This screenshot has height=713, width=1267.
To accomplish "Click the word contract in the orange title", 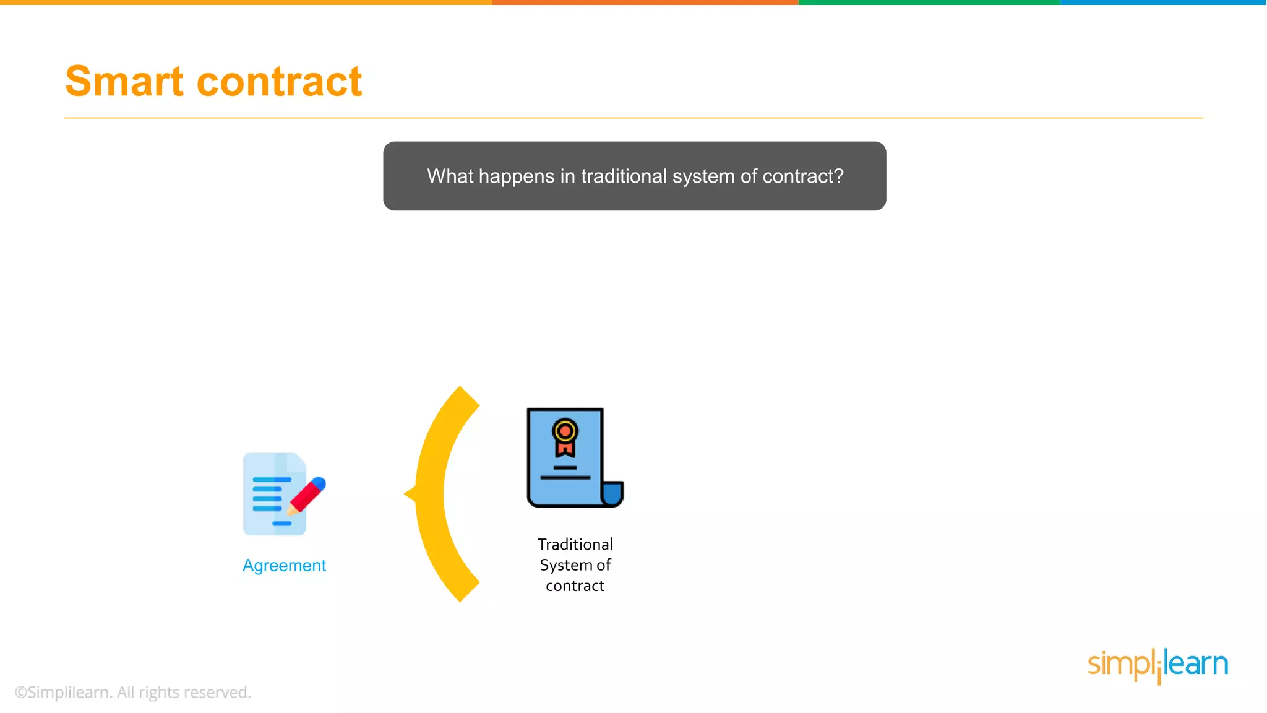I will tap(279, 82).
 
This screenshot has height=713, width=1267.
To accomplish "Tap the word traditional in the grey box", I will tap(624, 176).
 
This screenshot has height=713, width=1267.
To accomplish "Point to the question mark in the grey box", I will tap(838, 176).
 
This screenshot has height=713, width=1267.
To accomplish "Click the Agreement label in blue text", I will tap(284, 565).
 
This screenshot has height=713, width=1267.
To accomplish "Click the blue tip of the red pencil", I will tap(319, 482).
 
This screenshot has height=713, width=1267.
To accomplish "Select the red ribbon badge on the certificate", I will tap(565, 436).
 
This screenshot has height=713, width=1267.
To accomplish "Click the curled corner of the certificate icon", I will tap(612, 494).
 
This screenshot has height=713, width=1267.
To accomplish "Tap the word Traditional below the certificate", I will tap(575, 544).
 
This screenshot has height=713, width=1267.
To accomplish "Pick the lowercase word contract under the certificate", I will tap(575, 586).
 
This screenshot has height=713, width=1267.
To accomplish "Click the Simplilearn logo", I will tap(1157, 665).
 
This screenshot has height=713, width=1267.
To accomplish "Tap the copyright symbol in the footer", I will tap(20, 693).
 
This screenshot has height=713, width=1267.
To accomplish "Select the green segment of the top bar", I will tap(928, 2).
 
